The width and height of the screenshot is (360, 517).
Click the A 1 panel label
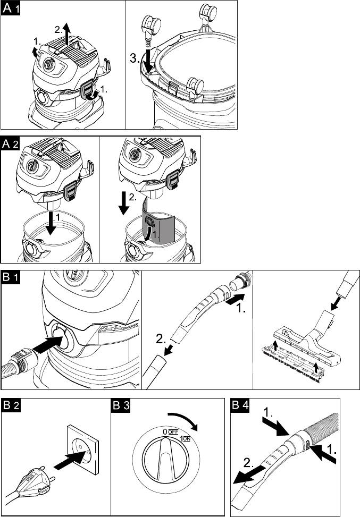click(11, 8)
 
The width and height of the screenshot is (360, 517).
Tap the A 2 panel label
click(11, 144)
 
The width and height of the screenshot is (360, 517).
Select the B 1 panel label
click(11, 277)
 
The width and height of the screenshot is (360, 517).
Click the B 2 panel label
click(11, 405)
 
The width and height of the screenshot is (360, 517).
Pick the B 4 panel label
click(240, 405)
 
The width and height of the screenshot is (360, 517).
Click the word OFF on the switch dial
click(173, 432)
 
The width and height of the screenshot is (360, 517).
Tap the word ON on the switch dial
click(187, 438)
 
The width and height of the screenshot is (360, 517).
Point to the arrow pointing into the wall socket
click(70, 460)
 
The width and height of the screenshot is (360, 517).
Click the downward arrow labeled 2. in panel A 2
click(124, 203)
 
